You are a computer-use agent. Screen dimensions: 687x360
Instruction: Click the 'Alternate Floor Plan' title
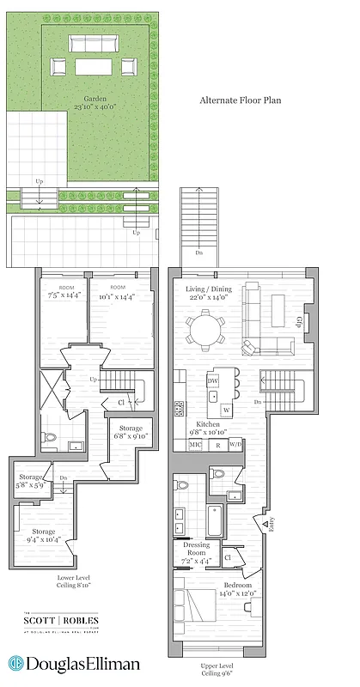[x=240, y=100]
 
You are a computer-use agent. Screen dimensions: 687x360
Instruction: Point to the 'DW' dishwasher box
[x=212, y=381]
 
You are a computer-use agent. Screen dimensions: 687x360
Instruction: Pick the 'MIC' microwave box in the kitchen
[x=195, y=445]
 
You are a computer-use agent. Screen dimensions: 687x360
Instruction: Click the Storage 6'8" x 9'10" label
[x=131, y=433]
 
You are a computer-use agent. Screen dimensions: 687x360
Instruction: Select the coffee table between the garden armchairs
[x=95, y=66]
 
